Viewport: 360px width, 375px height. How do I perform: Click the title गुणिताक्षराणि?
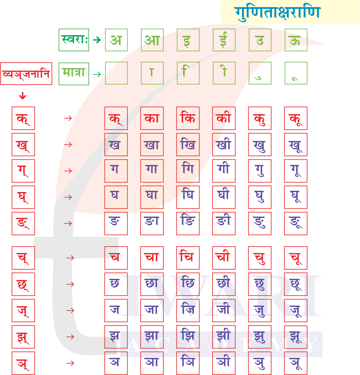coord(277,13)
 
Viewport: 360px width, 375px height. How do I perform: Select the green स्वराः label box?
coord(74,40)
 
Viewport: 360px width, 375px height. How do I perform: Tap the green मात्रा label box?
coord(74,74)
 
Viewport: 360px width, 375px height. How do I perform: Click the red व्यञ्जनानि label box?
coord(26,74)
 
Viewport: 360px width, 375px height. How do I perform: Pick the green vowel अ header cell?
coord(116,40)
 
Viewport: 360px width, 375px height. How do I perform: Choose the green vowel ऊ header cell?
coord(296,40)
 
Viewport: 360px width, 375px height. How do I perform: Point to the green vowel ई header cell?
coord(224,40)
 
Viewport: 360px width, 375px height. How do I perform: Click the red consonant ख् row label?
coord(23,145)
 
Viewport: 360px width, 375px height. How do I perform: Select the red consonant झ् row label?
coord(23,337)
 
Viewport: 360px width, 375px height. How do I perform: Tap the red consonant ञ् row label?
coord(23,363)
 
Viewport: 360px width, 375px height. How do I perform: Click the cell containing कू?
coord(296,118)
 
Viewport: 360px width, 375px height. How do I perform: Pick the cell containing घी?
coord(224,197)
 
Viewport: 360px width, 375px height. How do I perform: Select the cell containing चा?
coord(152,258)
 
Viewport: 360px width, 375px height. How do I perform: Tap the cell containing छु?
coord(260,284)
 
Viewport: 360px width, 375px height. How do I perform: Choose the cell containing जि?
coord(188,310)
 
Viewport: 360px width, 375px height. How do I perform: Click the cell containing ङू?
coord(296,223)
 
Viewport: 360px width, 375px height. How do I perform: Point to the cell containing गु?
coord(260,171)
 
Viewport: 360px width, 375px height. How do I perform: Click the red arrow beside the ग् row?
coord(68,171)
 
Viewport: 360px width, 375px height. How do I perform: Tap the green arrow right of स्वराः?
coord(97,40)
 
